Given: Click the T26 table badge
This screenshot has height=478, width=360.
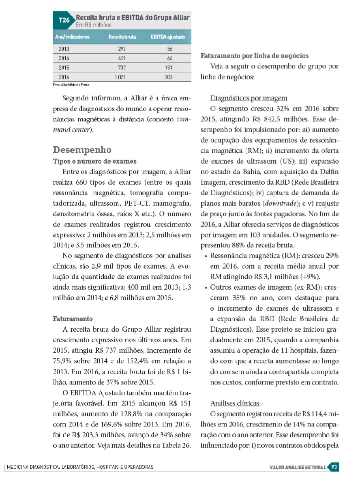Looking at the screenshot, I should coord(64,20).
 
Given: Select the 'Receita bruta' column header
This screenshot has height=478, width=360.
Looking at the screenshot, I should coord(122,37).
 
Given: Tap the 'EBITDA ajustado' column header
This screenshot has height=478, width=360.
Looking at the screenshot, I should coord(168,37).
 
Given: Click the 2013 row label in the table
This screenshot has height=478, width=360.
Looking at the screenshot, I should coord(64,49).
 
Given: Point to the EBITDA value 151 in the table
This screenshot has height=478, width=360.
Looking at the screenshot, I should coord(169,67).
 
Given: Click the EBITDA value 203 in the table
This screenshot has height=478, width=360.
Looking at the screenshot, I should coord(169,77).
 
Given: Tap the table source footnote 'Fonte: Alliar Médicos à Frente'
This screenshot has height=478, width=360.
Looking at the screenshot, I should coord(71,85).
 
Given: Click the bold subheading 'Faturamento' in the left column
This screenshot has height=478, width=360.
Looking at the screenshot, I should coord(73,319).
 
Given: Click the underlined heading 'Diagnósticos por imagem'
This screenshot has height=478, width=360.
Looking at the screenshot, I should coord(249,98).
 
